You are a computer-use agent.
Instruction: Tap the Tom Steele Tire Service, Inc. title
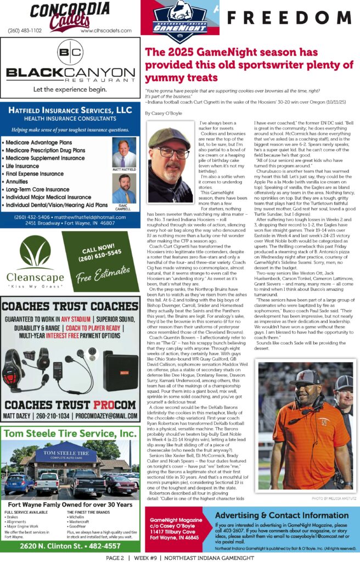(x=69, y=434)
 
